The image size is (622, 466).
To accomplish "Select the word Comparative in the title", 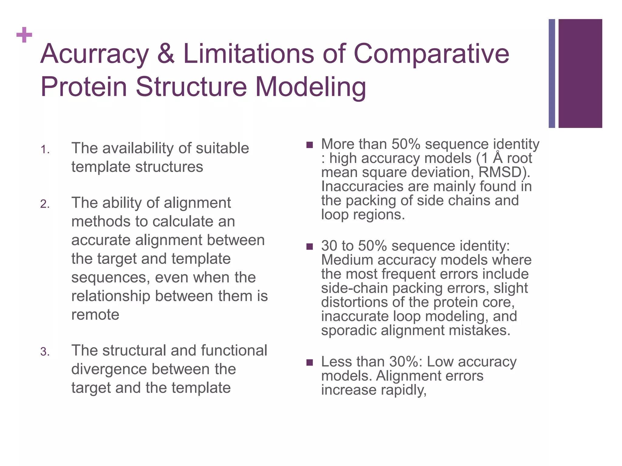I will coord(431,54).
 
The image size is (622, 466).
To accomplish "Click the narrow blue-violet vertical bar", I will coord(552,73).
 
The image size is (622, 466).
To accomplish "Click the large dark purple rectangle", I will coord(580,73).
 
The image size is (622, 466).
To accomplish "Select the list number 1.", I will coord(45,150).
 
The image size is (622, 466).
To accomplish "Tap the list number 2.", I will coord(45,204).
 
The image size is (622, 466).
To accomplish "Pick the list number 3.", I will coord(45,352).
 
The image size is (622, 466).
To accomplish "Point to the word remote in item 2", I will coord(95,315).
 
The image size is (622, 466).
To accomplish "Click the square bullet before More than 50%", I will coord(309,145).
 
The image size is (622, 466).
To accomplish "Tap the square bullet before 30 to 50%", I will coord(309,246).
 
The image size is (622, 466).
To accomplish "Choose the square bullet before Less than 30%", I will coord(309,362).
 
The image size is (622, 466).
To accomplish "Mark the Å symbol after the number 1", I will coord(497,158).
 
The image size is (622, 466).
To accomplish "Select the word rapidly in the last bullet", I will coord(404,390).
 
